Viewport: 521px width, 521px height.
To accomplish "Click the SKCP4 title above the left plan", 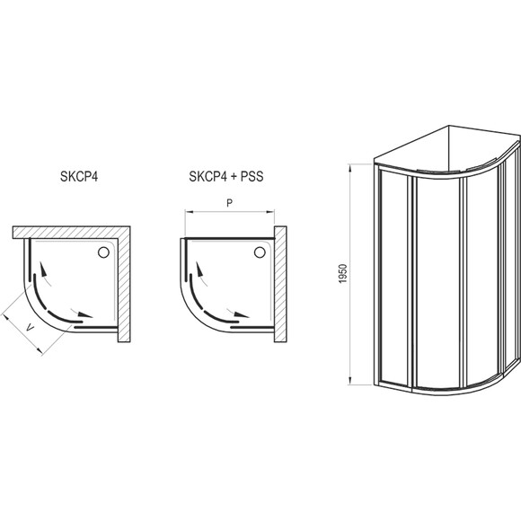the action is pyautogui.click(x=79, y=176).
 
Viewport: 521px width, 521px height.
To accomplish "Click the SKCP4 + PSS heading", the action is pyautogui.click(x=226, y=176).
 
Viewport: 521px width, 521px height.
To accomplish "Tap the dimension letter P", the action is pyautogui.click(x=229, y=203).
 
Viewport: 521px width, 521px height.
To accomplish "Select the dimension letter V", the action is pyautogui.click(x=31, y=329).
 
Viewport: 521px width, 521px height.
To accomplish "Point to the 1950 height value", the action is pyautogui.click(x=343, y=273).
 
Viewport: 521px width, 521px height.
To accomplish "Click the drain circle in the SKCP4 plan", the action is pyautogui.click(x=103, y=252).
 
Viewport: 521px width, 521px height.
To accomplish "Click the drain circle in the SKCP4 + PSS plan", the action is pyautogui.click(x=260, y=252).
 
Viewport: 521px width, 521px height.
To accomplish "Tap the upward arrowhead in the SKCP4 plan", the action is pyautogui.click(x=43, y=269).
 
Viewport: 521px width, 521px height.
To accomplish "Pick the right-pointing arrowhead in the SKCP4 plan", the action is pyautogui.click(x=85, y=314).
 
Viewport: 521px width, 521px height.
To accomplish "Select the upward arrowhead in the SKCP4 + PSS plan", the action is pyautogui.click(x=199, y=269).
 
